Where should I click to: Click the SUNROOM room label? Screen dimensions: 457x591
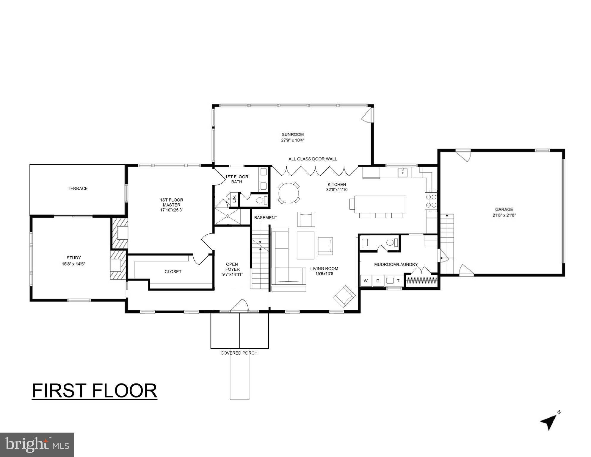click(293, 135)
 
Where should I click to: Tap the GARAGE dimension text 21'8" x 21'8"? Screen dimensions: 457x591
click(504, 215)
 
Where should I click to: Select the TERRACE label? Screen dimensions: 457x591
click(78, 188)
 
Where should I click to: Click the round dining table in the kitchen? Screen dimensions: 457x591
click(289, 193)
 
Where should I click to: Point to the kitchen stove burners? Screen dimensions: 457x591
click(431, 201)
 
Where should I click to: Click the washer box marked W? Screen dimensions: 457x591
click(366, 281)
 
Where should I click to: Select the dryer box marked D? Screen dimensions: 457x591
click(378, 281)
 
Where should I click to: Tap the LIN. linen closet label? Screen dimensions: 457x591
click(234, 199)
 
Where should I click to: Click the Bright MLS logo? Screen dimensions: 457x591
click(37, 445)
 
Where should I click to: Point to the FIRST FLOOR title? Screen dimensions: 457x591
click(94, 391)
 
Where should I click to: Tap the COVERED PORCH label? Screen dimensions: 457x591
click(239, 353)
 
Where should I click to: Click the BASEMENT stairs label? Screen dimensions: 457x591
click(266, 218)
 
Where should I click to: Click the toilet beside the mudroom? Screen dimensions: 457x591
click(390, 243)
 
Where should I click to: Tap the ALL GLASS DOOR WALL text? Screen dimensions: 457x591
click(313, 159)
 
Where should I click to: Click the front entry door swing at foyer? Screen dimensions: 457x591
click(240, 306)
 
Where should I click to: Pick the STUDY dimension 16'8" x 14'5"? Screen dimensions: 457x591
click(73, 264)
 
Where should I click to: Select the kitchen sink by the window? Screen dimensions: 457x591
click(402, 172)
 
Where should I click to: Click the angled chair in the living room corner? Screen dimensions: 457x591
click(344, 296)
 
